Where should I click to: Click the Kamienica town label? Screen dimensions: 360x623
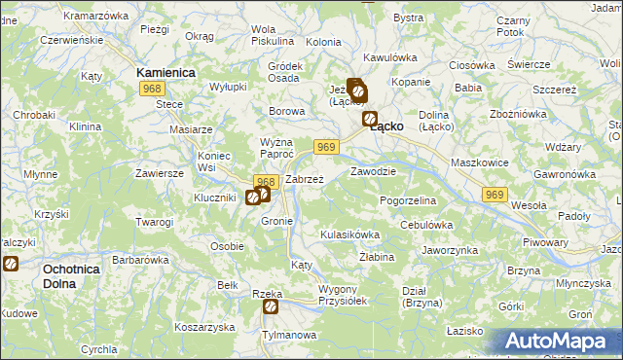pos(166,73)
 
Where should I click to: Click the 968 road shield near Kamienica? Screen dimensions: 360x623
pos(151,90)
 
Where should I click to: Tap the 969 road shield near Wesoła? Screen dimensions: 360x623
pos(494,196)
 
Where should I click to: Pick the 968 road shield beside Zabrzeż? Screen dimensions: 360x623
pos(266,181)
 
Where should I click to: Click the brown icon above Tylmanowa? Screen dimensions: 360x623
pos(271,307)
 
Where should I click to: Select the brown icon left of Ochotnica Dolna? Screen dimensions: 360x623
pos(11,264)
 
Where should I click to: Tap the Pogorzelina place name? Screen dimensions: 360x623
pos(408,199)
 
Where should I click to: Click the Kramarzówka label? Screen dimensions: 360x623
pos(95,17)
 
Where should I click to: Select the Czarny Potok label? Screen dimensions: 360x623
pos(512,26)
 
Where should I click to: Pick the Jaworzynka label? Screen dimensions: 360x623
pos(450,250)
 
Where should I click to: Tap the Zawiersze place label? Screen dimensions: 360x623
pos(161,173)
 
